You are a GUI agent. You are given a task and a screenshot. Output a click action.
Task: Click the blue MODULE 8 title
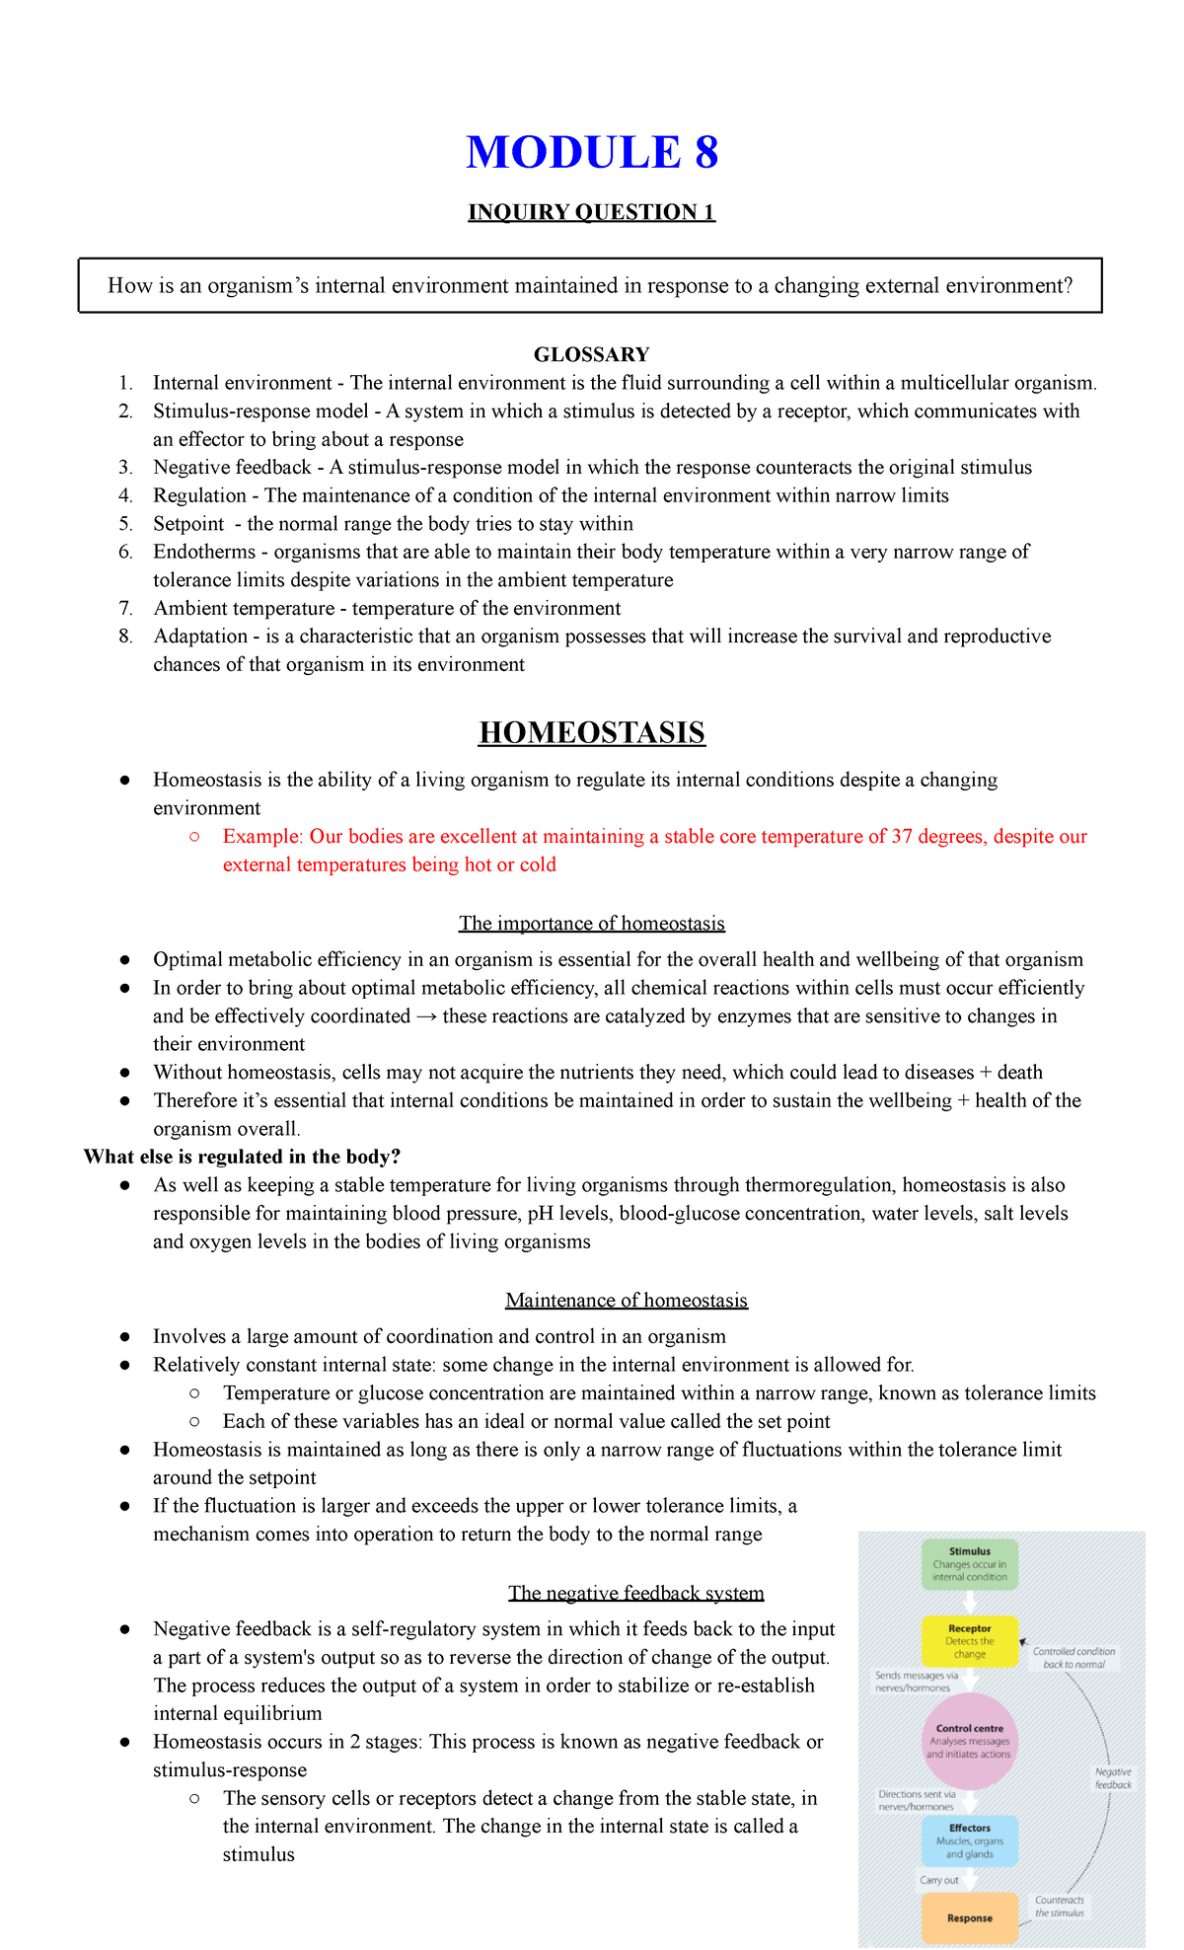(592, 153)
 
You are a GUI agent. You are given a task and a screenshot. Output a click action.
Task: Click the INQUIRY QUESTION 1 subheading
(591, 212)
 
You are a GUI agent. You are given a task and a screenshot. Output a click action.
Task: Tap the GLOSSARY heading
(591, 354)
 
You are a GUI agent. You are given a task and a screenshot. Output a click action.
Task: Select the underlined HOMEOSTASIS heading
(591, 733)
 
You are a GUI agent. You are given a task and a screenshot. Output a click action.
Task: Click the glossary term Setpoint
(188, 524)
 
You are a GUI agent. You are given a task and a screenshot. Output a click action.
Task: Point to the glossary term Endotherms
(203, 552)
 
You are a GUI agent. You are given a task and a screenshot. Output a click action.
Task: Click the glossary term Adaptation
(200, 637)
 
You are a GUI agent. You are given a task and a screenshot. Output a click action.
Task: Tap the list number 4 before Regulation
(125, 495)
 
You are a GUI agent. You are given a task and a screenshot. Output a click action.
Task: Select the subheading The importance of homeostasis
(591, 924)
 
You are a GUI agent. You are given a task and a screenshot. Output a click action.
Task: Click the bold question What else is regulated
(242, 1157)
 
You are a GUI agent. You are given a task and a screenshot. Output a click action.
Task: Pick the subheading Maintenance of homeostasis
(627, 1301)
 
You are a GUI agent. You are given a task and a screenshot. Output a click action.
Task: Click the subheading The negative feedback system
(636, 1593)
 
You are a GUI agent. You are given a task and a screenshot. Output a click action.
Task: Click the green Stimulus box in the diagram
(969, 1564)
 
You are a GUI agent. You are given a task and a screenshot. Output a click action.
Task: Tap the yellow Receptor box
(969, 1641)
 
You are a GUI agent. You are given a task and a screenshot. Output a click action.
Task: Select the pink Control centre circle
(969, 1741)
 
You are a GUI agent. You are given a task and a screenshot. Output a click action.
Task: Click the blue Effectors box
(969, 1840)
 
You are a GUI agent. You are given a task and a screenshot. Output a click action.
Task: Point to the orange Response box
(969, 1917)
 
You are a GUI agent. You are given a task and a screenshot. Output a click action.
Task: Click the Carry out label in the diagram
(938, 1880)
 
